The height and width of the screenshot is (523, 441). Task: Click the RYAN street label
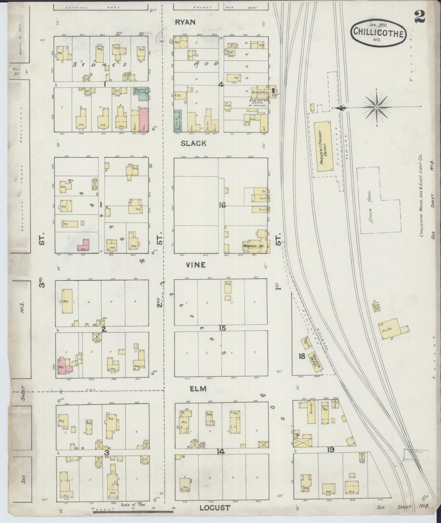(x=185, y=22)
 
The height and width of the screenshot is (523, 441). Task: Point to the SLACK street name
(x=193, y=143)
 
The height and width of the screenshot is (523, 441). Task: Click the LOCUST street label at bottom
(x=215, y=508)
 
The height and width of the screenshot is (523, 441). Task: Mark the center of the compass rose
(x=377, y=107)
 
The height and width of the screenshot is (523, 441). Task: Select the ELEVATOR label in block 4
(x=259, y=100)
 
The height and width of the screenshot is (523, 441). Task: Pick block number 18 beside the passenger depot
(x=302, y=356)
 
